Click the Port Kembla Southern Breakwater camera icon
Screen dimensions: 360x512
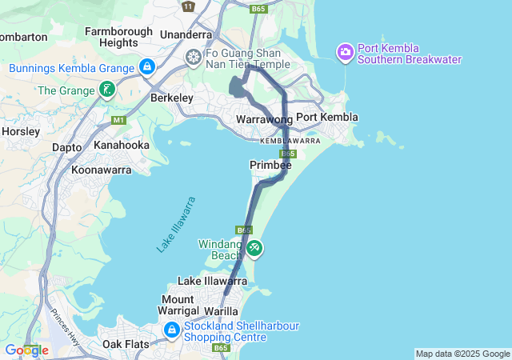[346, 54]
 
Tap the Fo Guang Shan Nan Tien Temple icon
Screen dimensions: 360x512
[193, 57]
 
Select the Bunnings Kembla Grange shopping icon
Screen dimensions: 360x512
[146, 67]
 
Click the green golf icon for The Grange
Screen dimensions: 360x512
[107, 90]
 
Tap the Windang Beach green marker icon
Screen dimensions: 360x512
[254, 249]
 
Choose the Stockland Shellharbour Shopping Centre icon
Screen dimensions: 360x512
[171, 330]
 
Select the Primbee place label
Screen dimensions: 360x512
[270, 164]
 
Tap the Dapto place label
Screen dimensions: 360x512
[66, 148]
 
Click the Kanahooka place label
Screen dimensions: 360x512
[122, 146]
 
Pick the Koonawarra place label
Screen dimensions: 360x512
[101, 170]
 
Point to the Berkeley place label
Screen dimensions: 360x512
[172, 98]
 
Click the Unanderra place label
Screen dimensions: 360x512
[186, 34]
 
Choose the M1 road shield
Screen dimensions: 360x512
[119, 120]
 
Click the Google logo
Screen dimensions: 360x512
[26, 350]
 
